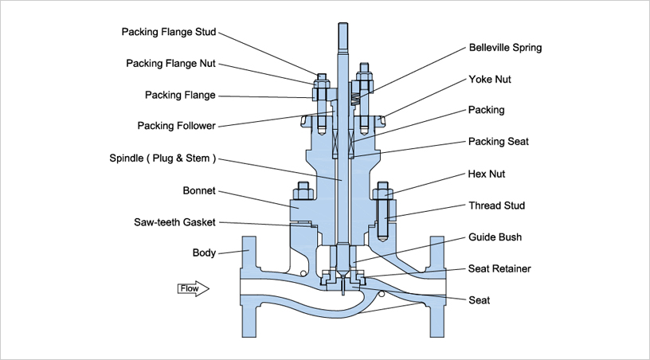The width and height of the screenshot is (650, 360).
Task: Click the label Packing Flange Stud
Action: [168, 33]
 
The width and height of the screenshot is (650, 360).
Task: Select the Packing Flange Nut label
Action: [170, 64]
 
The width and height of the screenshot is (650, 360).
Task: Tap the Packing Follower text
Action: [176, 126]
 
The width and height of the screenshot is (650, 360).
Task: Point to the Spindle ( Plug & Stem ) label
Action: [161, 158]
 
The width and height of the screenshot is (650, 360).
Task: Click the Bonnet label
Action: [199, 191]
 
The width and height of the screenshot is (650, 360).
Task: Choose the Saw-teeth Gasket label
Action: [174, 222]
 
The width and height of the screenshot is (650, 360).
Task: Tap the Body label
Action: [204, 253]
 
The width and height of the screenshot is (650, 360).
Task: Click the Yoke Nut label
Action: [491, 80]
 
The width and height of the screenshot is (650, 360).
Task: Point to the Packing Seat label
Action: [498, 142]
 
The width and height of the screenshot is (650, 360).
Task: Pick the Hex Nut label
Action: [487, 174]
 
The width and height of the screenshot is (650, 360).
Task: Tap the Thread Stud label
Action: [496, 205]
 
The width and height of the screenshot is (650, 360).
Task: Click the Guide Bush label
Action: [494, 237]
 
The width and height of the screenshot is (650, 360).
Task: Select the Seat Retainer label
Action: [499, 269]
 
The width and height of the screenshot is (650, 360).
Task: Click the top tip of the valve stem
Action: [342, 25]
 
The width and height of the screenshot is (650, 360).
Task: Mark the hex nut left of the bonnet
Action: [302, 192]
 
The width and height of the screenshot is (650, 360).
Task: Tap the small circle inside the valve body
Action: [382, 294]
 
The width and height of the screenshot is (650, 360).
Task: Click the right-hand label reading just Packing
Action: [486, 110]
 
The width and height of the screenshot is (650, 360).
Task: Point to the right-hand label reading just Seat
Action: [480, 300]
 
